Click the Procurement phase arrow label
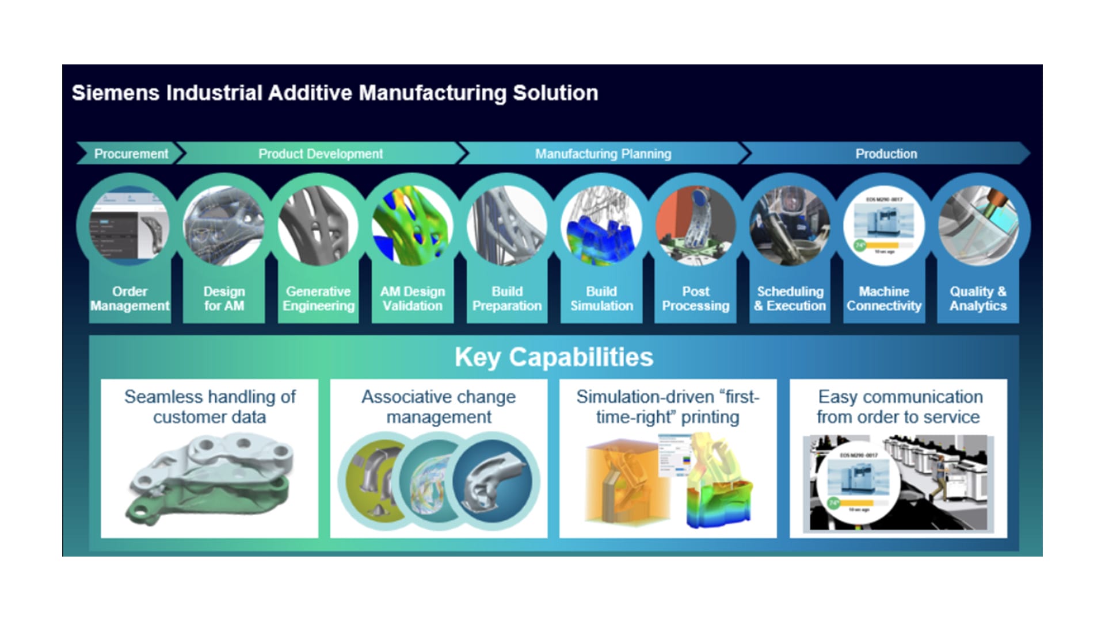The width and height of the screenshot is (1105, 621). point(131,154)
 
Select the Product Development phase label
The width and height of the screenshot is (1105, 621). point(320,154)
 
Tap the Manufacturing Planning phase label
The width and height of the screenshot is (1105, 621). point(603,154)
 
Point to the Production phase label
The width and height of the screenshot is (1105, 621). point(886,154)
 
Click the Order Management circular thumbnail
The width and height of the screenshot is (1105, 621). point(129,226)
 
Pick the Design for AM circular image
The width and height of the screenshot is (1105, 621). point(223,226)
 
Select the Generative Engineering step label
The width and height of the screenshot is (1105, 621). point(318,298)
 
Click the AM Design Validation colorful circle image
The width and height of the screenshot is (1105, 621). point(412,226)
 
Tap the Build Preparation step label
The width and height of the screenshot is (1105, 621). point(507,298)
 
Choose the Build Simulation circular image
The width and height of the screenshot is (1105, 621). point(601,226)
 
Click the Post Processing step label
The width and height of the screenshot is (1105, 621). point(695,298)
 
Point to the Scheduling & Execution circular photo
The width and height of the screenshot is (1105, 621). point(790,226)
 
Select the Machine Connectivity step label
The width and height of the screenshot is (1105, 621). point(884,298)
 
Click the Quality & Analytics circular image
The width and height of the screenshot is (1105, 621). point(978,226)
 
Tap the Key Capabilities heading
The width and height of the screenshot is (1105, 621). point(554,357)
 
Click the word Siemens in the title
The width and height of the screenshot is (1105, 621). point(115,93)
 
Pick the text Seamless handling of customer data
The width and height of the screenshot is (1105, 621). point(209,407)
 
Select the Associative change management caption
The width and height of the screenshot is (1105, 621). point(439,407)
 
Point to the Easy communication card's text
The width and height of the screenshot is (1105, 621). point(899,407)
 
